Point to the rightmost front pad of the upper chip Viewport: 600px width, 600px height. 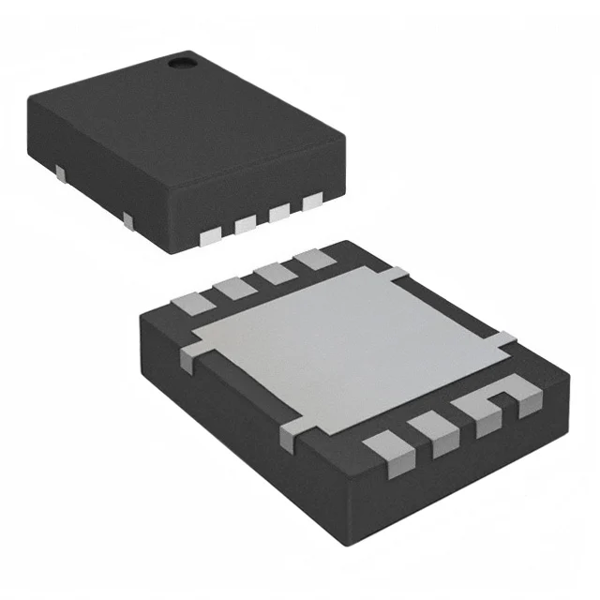point(311,201)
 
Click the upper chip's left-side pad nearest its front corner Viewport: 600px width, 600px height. point(128,221)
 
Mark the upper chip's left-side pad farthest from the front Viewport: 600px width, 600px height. point(61,172)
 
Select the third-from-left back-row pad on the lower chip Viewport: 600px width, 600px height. point(273,272)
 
